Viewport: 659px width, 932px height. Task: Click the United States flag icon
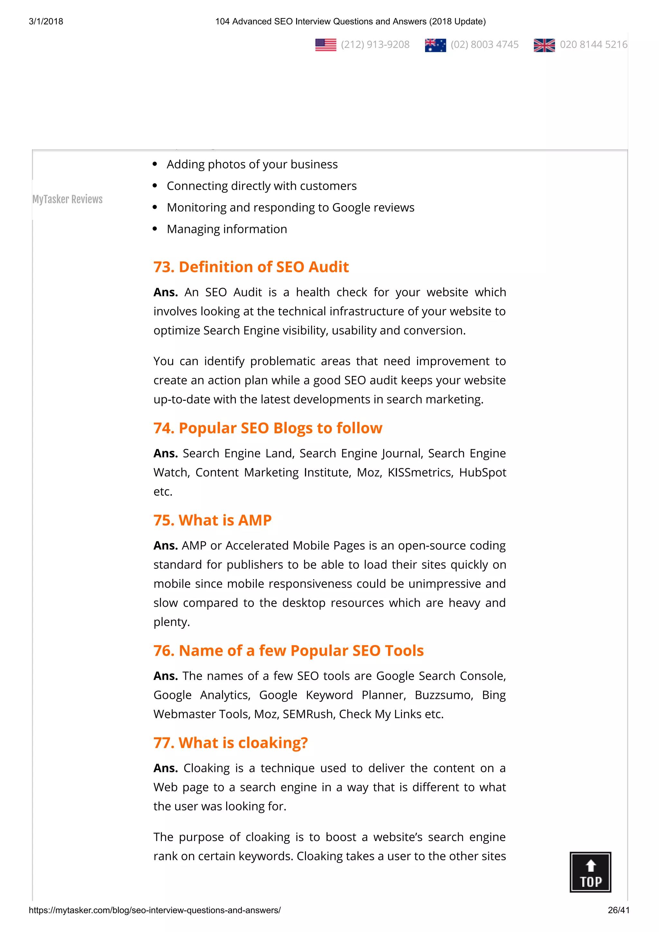coord(326,45)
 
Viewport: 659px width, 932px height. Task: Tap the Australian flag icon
coord(435,45)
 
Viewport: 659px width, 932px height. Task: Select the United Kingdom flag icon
coord(544,45)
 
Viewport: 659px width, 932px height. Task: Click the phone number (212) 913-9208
coord(375,45)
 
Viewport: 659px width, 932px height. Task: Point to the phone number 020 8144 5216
coord(593,45)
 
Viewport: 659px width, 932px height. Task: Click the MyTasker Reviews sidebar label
coord(67,199)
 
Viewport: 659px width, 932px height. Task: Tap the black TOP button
coord(590,872)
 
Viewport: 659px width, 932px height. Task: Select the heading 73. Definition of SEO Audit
coord(251,267)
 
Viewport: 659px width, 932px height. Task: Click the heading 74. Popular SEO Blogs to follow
coord(268,428)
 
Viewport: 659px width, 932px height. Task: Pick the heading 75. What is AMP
coord(212,520)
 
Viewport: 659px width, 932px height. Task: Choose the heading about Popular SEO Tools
coord(288,651)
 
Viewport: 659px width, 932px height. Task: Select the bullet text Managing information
coord(227,229)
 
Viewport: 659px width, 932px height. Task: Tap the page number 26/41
coord(618,910)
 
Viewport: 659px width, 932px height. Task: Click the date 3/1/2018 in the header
coord(46,22)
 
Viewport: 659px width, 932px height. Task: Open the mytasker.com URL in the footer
coord(155,910)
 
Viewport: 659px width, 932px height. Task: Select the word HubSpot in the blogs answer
coord(482,472)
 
